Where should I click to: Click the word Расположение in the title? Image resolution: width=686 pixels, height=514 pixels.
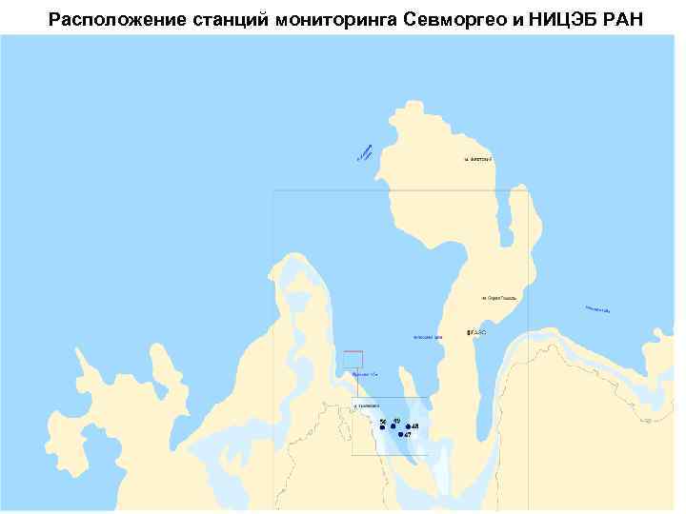(108, 19)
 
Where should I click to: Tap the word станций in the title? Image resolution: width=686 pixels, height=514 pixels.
(214, 19)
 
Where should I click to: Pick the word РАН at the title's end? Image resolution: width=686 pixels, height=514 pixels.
(625, 19)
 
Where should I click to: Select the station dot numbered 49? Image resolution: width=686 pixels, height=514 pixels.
(393, 426)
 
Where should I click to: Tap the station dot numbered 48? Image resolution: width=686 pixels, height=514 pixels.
(408, 426)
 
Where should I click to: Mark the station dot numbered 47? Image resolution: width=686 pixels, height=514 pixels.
(401, 434)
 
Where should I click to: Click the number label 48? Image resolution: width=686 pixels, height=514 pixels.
(415, 425)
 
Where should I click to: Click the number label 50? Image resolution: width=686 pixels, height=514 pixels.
(383, 420)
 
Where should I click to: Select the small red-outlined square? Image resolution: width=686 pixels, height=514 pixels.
(353, 359)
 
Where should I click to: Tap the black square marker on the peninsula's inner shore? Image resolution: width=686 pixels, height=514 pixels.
(469, 332)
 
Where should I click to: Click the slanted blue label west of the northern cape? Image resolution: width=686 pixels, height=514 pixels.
(364, 151)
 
